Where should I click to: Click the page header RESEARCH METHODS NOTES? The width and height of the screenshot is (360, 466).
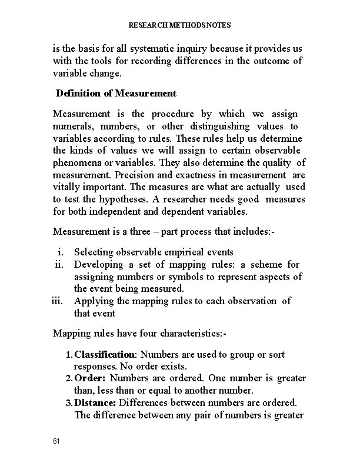point(180,25)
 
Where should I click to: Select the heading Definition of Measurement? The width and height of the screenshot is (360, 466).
point(116,93)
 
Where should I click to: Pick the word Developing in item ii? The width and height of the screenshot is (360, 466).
point(96,265)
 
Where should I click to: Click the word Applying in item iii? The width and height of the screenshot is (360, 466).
point(91,301)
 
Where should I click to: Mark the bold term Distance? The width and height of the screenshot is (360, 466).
point(96,402)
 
